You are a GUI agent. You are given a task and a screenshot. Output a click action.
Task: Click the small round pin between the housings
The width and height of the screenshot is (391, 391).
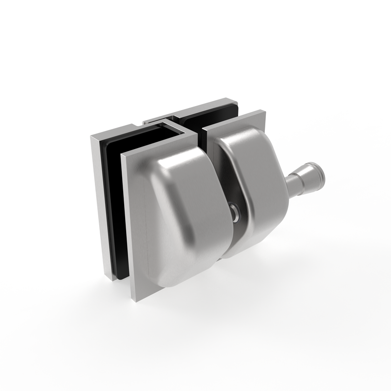pyautogui.click(x=236, y=211)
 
